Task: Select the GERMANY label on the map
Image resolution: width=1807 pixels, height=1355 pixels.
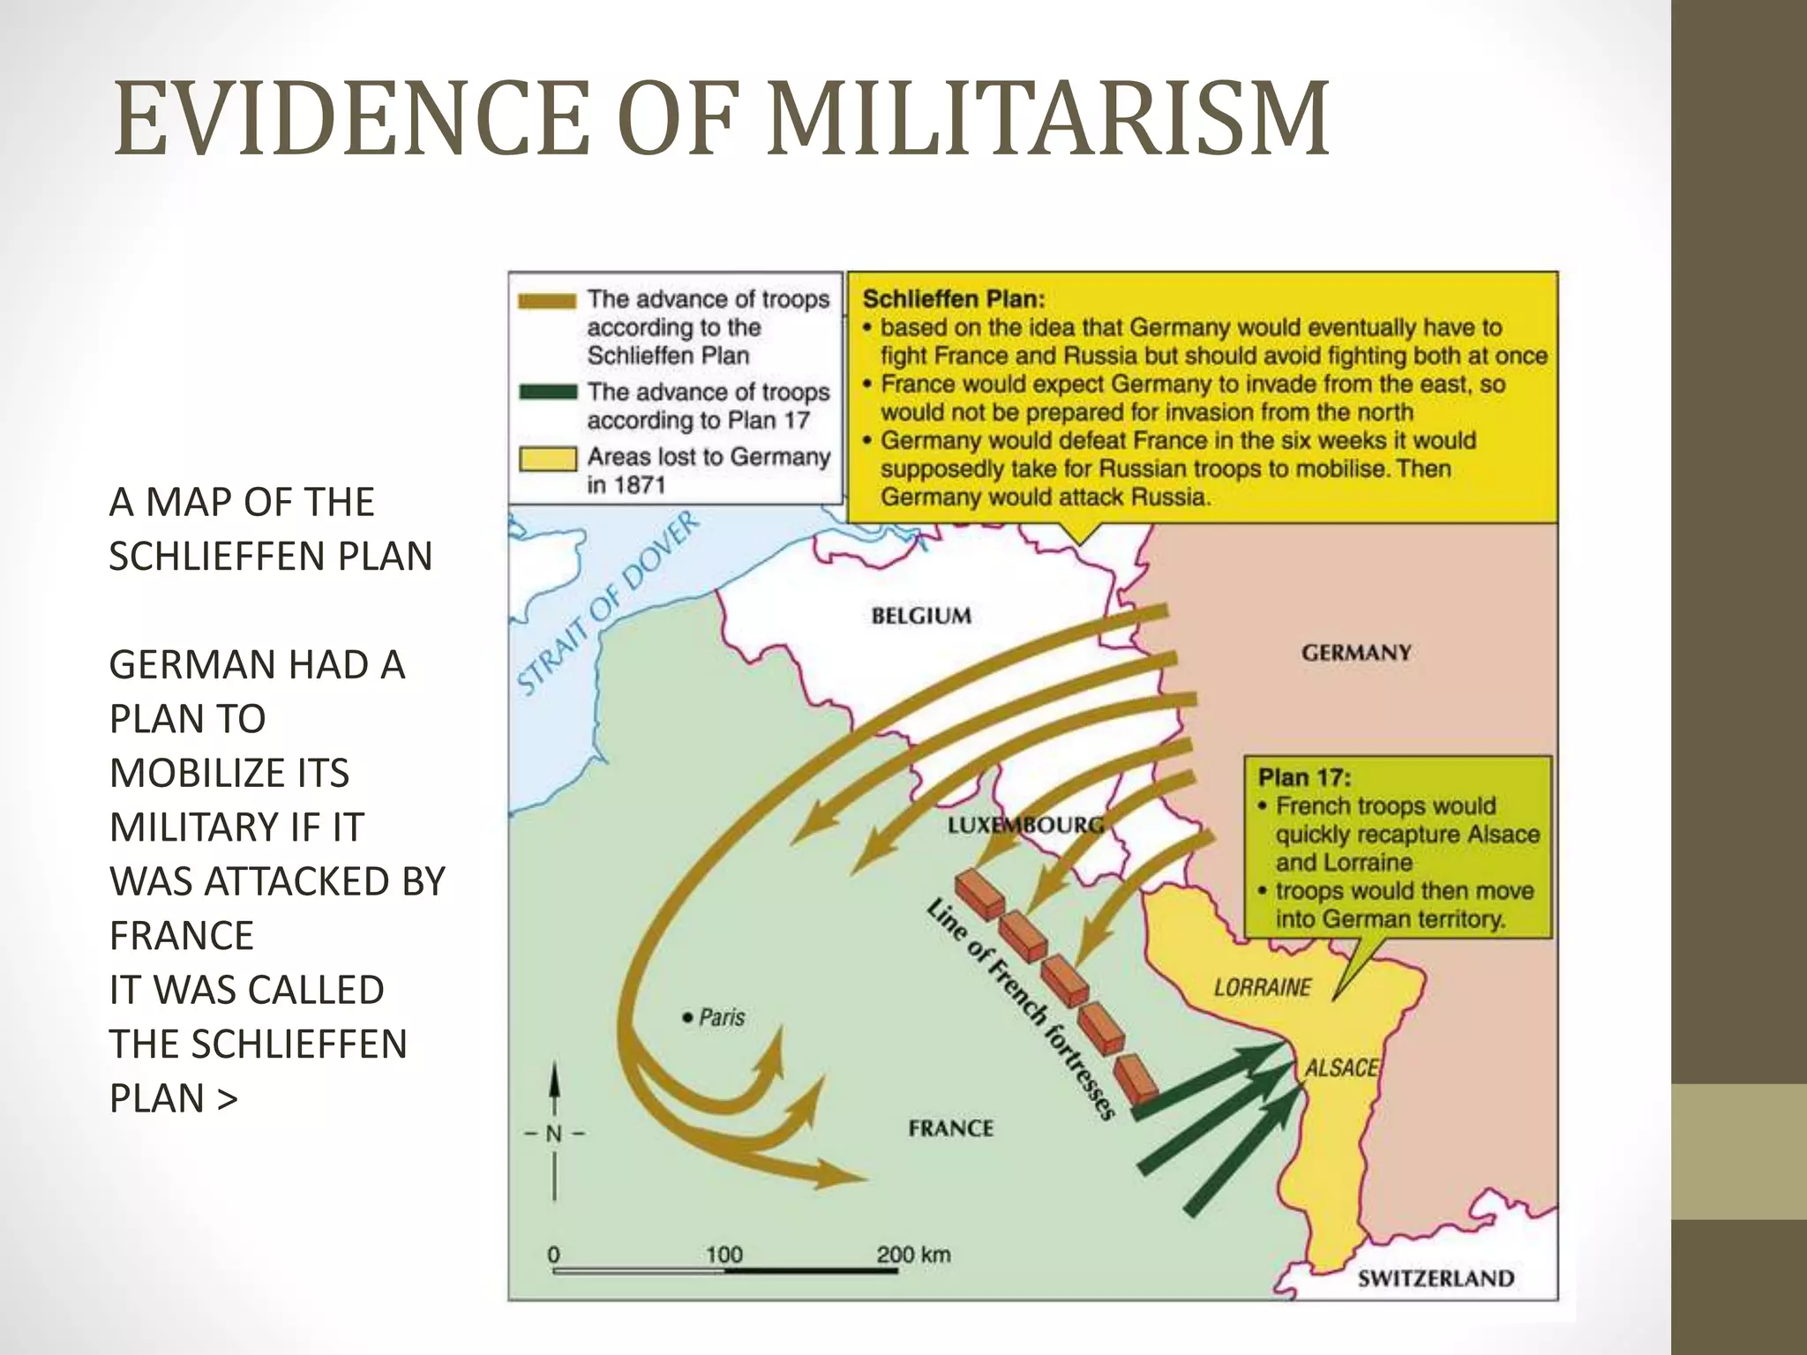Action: click(x=1355, y=653)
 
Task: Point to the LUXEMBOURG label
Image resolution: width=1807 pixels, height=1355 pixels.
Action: click(x=1025, y=826)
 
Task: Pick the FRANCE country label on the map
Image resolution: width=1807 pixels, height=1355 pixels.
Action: click(x=950, y=1128)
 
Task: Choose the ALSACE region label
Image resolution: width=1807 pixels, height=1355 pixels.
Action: click(x=1341, y=1068)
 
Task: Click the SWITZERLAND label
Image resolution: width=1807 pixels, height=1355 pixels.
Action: click(x=1435, y=1278)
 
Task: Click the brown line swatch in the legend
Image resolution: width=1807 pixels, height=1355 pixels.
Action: click(x=547, y=301)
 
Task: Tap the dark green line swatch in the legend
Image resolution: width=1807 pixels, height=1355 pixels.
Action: click(x=547, y=392)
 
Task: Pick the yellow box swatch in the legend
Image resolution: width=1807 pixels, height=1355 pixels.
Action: click(x=547, y=459)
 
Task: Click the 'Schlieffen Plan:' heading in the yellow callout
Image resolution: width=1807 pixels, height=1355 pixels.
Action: click(x=953, y=299)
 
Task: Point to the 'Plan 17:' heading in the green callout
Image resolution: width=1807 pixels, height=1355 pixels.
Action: click(x=1303, y=777)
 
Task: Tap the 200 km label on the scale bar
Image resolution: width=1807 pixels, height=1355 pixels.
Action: click(x=913, y=1254)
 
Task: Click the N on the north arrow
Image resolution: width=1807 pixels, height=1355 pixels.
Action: click(x=553, y=1134)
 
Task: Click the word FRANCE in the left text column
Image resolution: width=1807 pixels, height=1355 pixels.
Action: click(x=182, y=935)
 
